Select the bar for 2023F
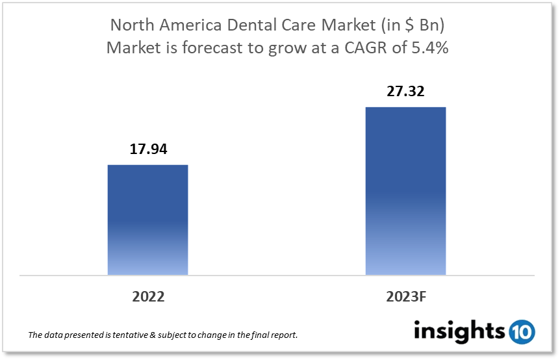click(405, 191)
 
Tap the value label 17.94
click(147, 149)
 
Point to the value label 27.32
click(405, 92)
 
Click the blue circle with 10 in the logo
click(522, 331)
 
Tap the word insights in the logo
click(459, 331)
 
